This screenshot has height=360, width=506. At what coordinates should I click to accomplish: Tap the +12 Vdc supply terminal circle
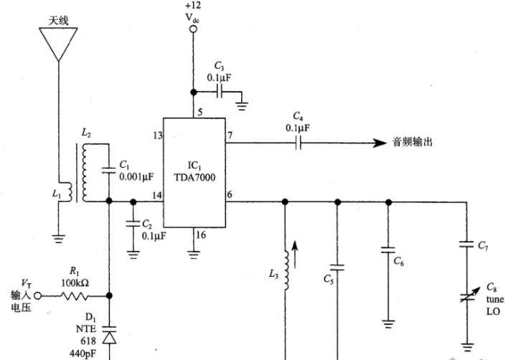[x=193, y=29]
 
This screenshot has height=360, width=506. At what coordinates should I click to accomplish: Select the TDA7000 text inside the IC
[x=195, y=178]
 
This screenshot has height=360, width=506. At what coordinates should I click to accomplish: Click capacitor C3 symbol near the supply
[x=220, y=93]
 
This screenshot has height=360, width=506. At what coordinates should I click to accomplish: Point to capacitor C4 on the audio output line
[x=298, y=143]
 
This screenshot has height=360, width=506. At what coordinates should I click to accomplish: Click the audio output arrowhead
[x=380, y=143]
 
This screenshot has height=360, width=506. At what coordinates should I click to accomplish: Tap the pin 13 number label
[x=158, y=136]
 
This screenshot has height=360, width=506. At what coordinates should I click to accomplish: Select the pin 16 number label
[x=200, y=235]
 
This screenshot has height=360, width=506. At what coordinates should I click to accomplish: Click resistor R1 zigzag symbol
[x=74, y=295]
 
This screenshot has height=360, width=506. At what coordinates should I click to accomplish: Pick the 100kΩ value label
[x=75, y=283]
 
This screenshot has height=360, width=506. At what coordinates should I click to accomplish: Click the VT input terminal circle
[x=38, y=295]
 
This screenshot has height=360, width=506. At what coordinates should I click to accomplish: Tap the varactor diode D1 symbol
[x=109, y=336]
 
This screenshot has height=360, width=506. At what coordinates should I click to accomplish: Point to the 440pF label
[x=83, y=354]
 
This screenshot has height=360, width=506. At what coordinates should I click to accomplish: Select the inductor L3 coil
[x=286, y=270]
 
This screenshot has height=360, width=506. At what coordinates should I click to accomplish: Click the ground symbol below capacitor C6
[x=388, y=324]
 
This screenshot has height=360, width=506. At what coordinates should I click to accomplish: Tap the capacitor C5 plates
[x=337, y=267]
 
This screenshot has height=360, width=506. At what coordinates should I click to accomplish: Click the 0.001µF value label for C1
[x=136, y=176]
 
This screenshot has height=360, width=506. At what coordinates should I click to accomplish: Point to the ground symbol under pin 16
[x=193, y=255]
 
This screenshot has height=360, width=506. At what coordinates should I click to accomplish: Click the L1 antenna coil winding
[x=67, y=192]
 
